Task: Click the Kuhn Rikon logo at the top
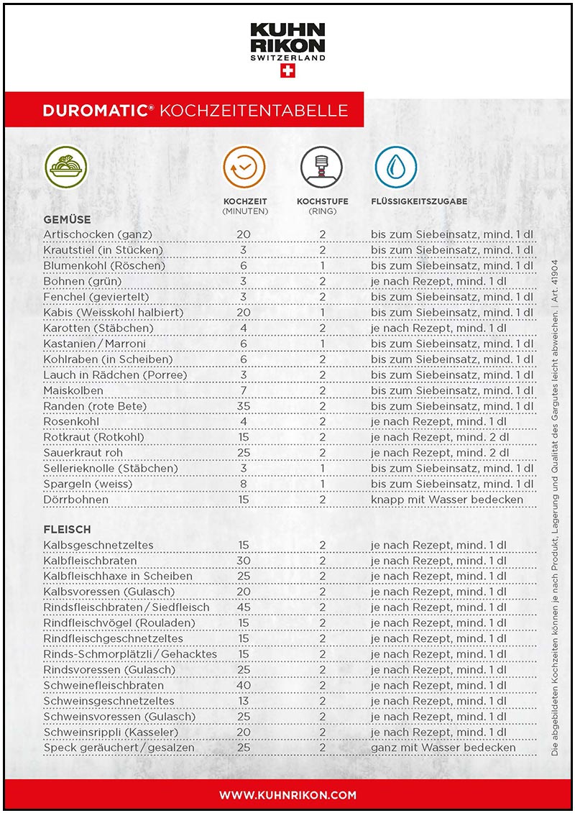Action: pos(287,41)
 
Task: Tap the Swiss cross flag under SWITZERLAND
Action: pos(287,71)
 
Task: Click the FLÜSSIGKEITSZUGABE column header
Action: pos(419,201)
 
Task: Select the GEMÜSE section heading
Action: pos(67,219)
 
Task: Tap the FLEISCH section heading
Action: pos(67,530)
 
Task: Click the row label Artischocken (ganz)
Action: pos(98,234)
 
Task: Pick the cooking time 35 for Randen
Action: pos(244,406)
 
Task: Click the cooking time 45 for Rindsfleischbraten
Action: pos(244,607)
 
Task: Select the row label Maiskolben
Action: pos(73,390)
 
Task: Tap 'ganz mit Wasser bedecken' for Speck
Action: pos(443,748)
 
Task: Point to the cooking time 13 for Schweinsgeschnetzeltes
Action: pos(244,701)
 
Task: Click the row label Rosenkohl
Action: pos(71,421)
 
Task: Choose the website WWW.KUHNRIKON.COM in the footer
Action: pos(287,795)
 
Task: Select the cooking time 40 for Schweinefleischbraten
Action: pos(244,685)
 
